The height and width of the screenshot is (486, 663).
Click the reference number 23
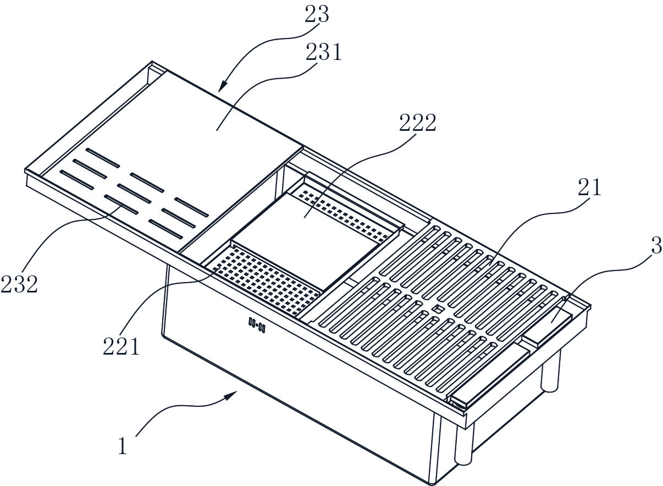pos(317,14)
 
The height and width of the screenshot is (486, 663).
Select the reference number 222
pos(418,123)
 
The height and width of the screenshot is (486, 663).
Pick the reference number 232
pos(19,284)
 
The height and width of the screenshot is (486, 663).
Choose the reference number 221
pos(121,346)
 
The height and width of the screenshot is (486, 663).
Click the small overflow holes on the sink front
pos(257,325)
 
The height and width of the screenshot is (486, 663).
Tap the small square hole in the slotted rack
pos(438,309)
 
